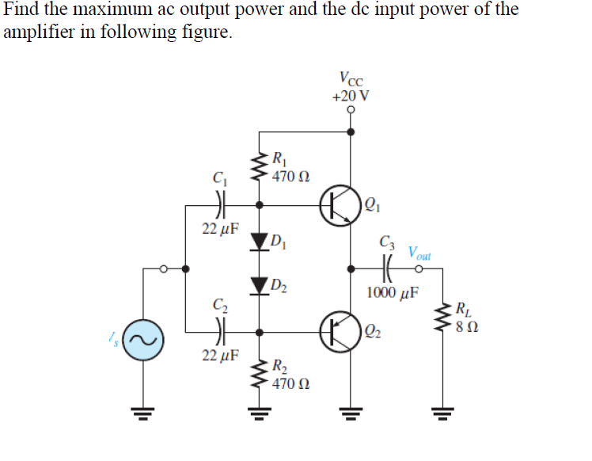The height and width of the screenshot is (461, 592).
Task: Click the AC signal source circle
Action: [143, 341]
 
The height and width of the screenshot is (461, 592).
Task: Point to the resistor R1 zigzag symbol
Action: [257, 167]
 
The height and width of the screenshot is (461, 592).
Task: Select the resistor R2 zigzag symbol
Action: [257, 374]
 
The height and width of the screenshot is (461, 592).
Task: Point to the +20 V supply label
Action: [351, 96]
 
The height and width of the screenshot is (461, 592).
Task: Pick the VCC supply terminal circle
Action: [351, 111]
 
